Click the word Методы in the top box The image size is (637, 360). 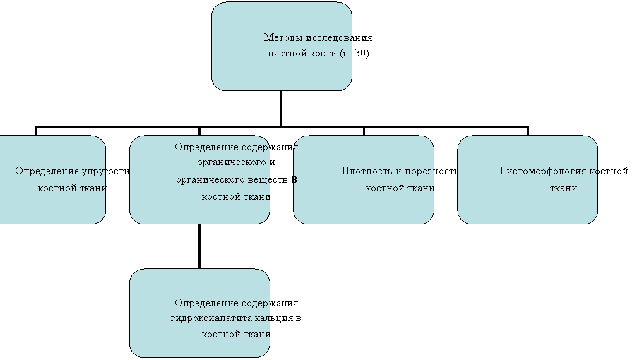tap(283, 37)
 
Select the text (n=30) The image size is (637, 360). tap(355, 53)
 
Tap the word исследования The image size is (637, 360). tap(339, 37)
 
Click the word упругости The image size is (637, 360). tap(106, 172)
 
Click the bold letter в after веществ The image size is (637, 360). tap(294, 180)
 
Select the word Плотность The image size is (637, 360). tap(366, 171)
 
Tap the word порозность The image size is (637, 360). tap(431, 172)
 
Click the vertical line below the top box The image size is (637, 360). tap(281, 109)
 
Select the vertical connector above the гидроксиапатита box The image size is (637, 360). tap(199, 246)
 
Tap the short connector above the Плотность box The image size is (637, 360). tap(364, 131)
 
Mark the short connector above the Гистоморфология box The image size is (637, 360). tap(528, 131)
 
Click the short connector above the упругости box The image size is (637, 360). tap(36, 131)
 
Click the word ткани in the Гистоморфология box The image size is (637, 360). tap(564, 188)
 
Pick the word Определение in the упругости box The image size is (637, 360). tap(47, 172)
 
